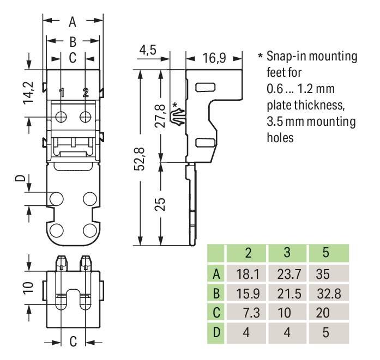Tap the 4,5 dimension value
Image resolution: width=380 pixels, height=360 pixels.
(148, 50)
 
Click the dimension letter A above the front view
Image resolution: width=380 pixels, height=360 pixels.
(73, 22)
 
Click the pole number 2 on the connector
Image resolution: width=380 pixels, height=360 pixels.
(85, 93)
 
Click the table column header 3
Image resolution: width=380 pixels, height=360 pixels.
(286, 254)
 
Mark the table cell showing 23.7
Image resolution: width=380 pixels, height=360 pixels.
(286, 274)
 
